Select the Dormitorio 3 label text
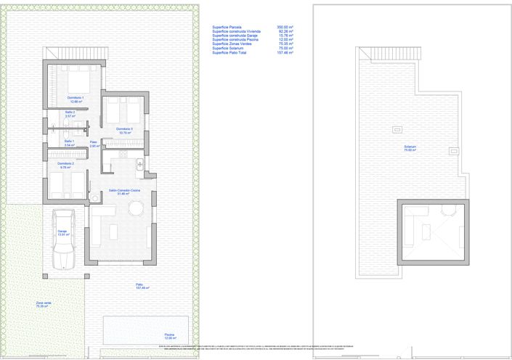coord(124,131)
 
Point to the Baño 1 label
coord(69,142)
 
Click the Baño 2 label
coord(69,113)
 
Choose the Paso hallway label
coord(94,144)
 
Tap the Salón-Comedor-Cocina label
coord(120,192)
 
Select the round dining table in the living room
coord(136,209)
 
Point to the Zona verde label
coord(44,304)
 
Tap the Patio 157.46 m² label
coord(142,286)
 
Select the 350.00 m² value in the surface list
coord(285,27)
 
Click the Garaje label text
coord(62,232)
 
